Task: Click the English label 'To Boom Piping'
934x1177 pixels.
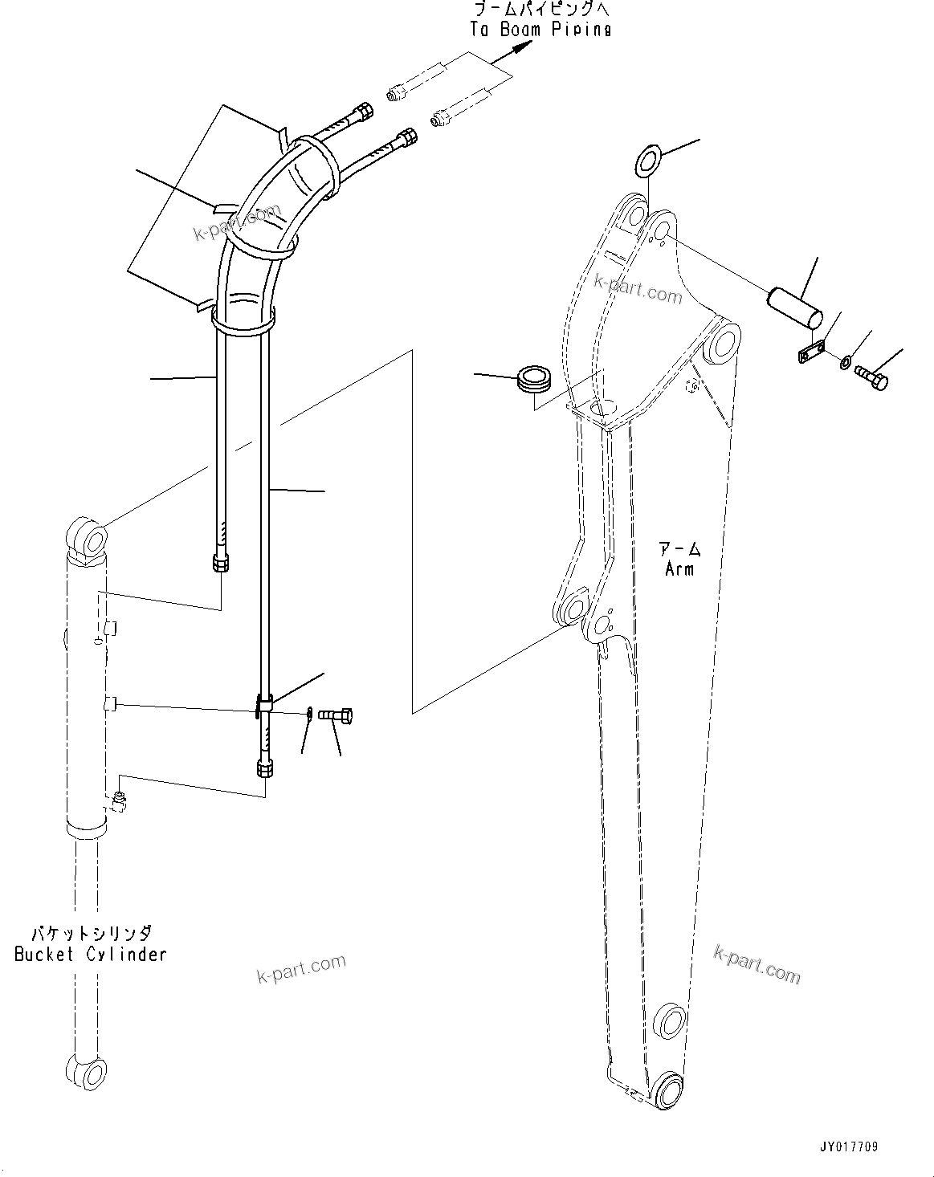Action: point(540,29)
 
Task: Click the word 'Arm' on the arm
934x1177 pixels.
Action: point(679,568)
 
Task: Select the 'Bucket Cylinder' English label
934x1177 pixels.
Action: point(91,954)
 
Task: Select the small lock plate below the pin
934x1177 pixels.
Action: point(813,352)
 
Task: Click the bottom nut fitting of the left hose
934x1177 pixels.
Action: point(221,563)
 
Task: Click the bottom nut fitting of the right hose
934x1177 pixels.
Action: point(264,769)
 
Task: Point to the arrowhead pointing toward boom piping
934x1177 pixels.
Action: point(521,47)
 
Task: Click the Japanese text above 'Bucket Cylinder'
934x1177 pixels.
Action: point(91,934)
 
